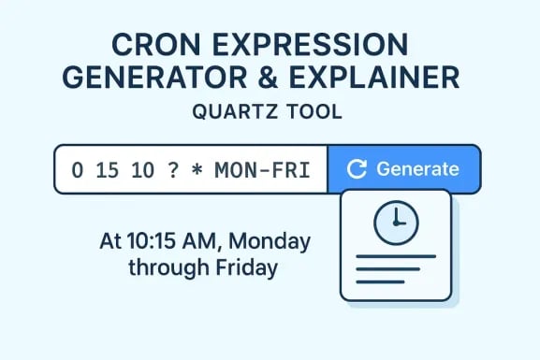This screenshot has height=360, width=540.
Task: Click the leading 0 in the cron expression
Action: (77, 169)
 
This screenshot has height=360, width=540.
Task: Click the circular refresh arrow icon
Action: (357, 169)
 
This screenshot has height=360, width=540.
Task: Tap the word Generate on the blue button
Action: (417, 169)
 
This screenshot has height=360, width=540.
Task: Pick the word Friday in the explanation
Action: (246, 268)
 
